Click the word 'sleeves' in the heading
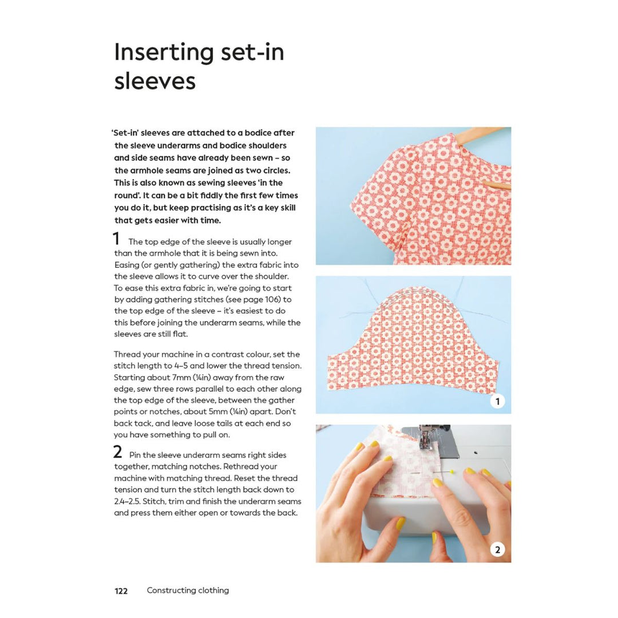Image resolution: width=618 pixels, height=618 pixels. click(154, 81)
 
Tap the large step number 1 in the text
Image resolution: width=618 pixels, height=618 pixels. click(116, 239)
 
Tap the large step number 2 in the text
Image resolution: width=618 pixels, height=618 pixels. click(117, 452)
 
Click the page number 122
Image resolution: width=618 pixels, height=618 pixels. click(121, 591)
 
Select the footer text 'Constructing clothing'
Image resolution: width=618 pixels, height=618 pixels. click(188, 591)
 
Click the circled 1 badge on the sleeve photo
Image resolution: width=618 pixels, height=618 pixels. click(497, 401)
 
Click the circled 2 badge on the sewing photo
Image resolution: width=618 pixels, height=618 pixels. click(497, 550)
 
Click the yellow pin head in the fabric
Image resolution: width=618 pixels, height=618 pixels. click(452, 472)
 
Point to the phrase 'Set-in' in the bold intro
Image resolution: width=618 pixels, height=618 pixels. click(125, 133)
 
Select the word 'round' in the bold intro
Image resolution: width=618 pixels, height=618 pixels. click(127, 195)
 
